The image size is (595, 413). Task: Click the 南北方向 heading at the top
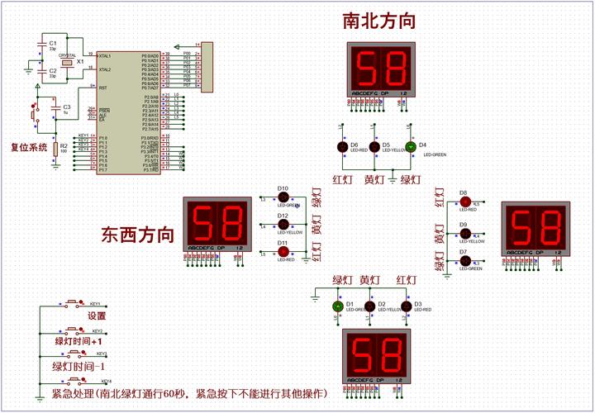pos(378,21)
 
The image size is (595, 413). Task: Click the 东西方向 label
pos(138,234)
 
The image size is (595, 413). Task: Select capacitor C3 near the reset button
pos(55,108)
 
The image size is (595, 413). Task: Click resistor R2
pos(55,149)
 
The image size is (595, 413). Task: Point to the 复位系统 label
pos(28,148)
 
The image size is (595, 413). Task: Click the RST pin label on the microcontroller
pos(102,88)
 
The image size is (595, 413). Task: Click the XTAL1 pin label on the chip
pos(104,56)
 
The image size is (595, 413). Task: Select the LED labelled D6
pos(342,146)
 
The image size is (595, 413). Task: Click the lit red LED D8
pos(465,202)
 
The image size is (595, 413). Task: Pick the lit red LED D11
pos(283,251)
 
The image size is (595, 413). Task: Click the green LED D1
pos(337,306)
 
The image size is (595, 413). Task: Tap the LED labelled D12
pos(283,224)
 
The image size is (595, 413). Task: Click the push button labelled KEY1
pos(74,303)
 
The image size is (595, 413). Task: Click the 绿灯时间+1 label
pos(79,341)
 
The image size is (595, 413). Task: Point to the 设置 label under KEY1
pos(98,316)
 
